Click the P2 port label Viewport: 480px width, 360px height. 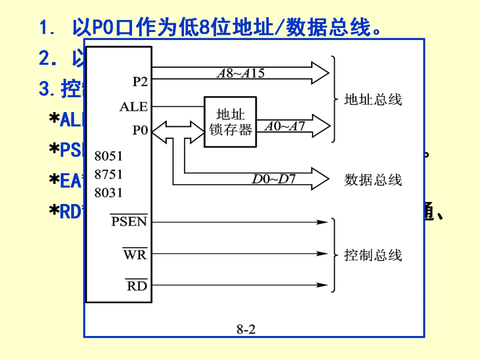point(140,82)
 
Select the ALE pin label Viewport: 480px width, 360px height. point(133,107)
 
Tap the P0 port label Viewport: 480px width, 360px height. point(140,131)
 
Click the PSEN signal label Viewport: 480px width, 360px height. point(129,221)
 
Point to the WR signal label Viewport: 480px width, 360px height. point(135,255)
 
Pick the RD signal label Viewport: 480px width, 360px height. point(136,286)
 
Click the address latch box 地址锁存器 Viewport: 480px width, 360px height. point(230,122)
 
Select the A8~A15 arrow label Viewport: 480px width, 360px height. point(240,74)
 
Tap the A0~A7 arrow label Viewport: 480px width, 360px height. point(285,127)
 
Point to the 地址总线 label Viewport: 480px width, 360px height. point(373,100)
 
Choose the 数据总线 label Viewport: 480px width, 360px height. point(373,180)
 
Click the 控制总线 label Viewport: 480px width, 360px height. point(373,255)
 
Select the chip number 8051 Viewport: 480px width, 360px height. point(108,156)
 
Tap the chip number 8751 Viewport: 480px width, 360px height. point(108,175)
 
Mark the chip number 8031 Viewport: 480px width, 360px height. point(108,193)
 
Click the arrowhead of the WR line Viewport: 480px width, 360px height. point(322,254)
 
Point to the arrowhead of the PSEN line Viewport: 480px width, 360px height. point(322,221)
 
